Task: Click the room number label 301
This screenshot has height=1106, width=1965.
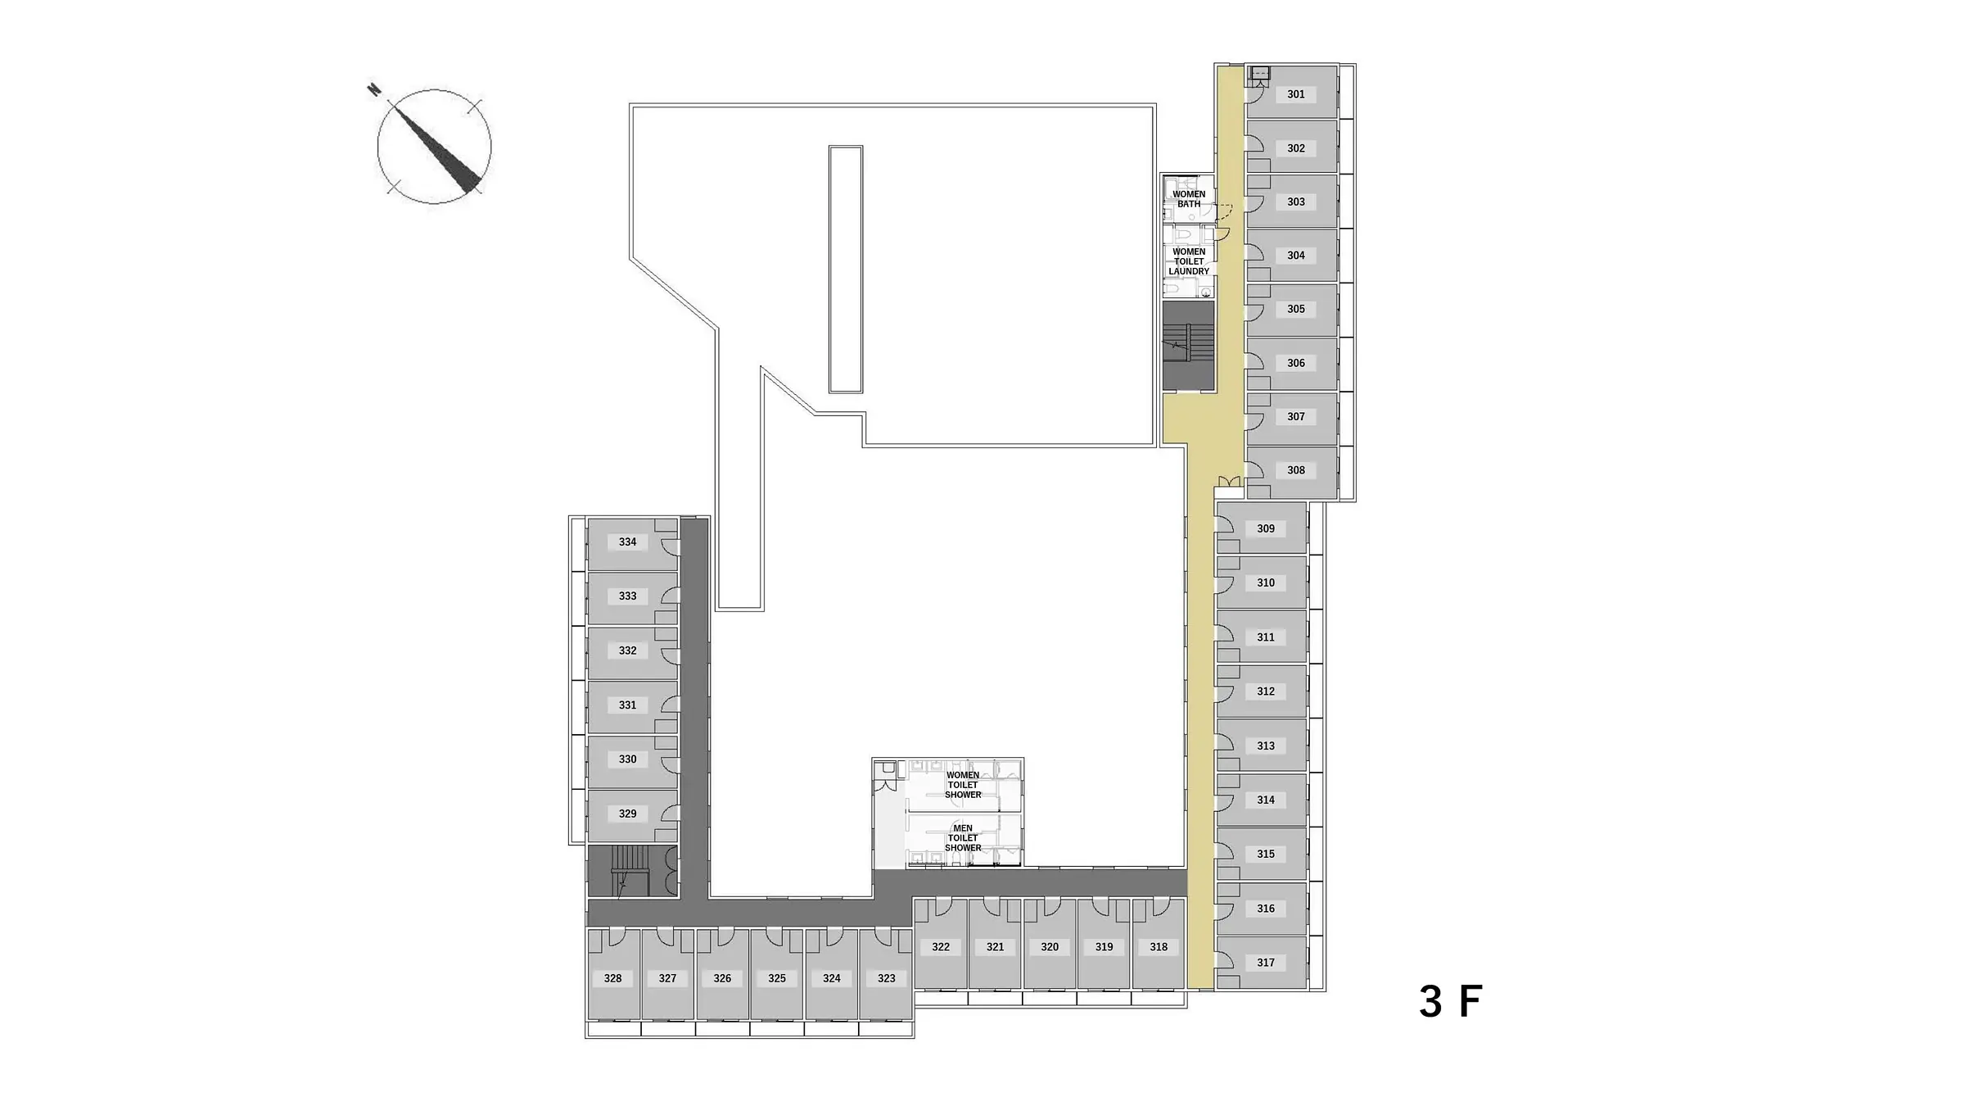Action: click(x=1295, y=94)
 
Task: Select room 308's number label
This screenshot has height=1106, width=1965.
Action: click(x=1295, y=470)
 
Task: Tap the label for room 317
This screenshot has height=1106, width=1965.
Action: click(x=1266, y=963)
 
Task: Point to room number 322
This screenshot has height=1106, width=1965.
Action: click(x=941, y=947)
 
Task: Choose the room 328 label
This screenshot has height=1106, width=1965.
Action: click(x=612, y=978)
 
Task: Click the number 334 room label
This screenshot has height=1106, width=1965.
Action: click(x=627, y=542)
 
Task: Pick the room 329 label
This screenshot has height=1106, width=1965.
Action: click(x=627, y=814)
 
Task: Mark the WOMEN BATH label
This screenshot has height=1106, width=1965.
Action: click(x=1189, y=199)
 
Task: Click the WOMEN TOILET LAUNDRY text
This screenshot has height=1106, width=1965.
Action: click(x=1189, y=261)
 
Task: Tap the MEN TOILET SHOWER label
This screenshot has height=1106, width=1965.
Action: click(x=963, y=838)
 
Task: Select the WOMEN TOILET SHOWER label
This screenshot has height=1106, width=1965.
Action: click(x=963, y=785)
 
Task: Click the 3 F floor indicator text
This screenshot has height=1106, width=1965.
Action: click(x=1451, y=1001)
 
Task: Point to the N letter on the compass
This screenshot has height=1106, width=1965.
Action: click(x=374, y=89)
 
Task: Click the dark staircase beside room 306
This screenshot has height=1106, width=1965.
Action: click(x=1188, y=346)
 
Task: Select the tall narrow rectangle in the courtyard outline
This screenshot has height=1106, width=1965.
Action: click(x=846, y=270)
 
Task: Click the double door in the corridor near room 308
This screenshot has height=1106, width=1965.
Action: click(x=1229, y=481)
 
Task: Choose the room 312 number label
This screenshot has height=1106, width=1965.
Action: click(x=1266, y=691)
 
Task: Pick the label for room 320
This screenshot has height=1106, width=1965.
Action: click(x=1050, y=947)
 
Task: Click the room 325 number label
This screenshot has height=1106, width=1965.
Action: click(x=777, y=978)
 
